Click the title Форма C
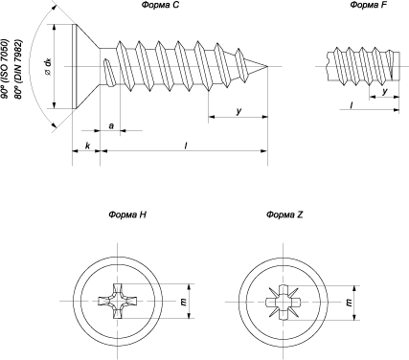[161, 5]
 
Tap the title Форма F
[369, 5]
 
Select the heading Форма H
[127, 214]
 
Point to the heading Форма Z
[284, 214]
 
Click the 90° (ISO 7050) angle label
[5, 68]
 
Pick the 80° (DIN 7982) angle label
[18, 69]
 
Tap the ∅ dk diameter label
[48, 68]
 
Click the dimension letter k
[87, 146]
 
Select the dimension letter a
[111, 126]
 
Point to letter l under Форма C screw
[186, 146]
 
